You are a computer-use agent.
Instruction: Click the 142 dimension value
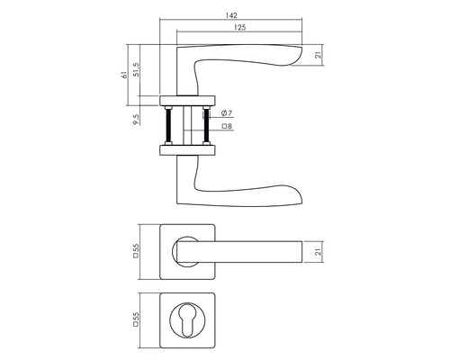tap(231, 15)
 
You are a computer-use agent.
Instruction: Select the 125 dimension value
tap(239, 28)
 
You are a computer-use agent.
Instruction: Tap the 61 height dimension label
tap(124, 76)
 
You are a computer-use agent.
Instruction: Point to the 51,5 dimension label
tap(137, 70)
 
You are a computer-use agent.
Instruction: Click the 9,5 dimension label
tap(137, 120)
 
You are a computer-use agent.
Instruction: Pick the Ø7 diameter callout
tap(227, 113)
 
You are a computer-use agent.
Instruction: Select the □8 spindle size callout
tap(228, 126)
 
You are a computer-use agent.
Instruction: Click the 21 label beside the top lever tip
tap(319, 55)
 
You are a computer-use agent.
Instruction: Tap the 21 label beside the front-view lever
tap(319, 252)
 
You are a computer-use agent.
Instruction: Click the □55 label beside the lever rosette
tap(137, 251)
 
